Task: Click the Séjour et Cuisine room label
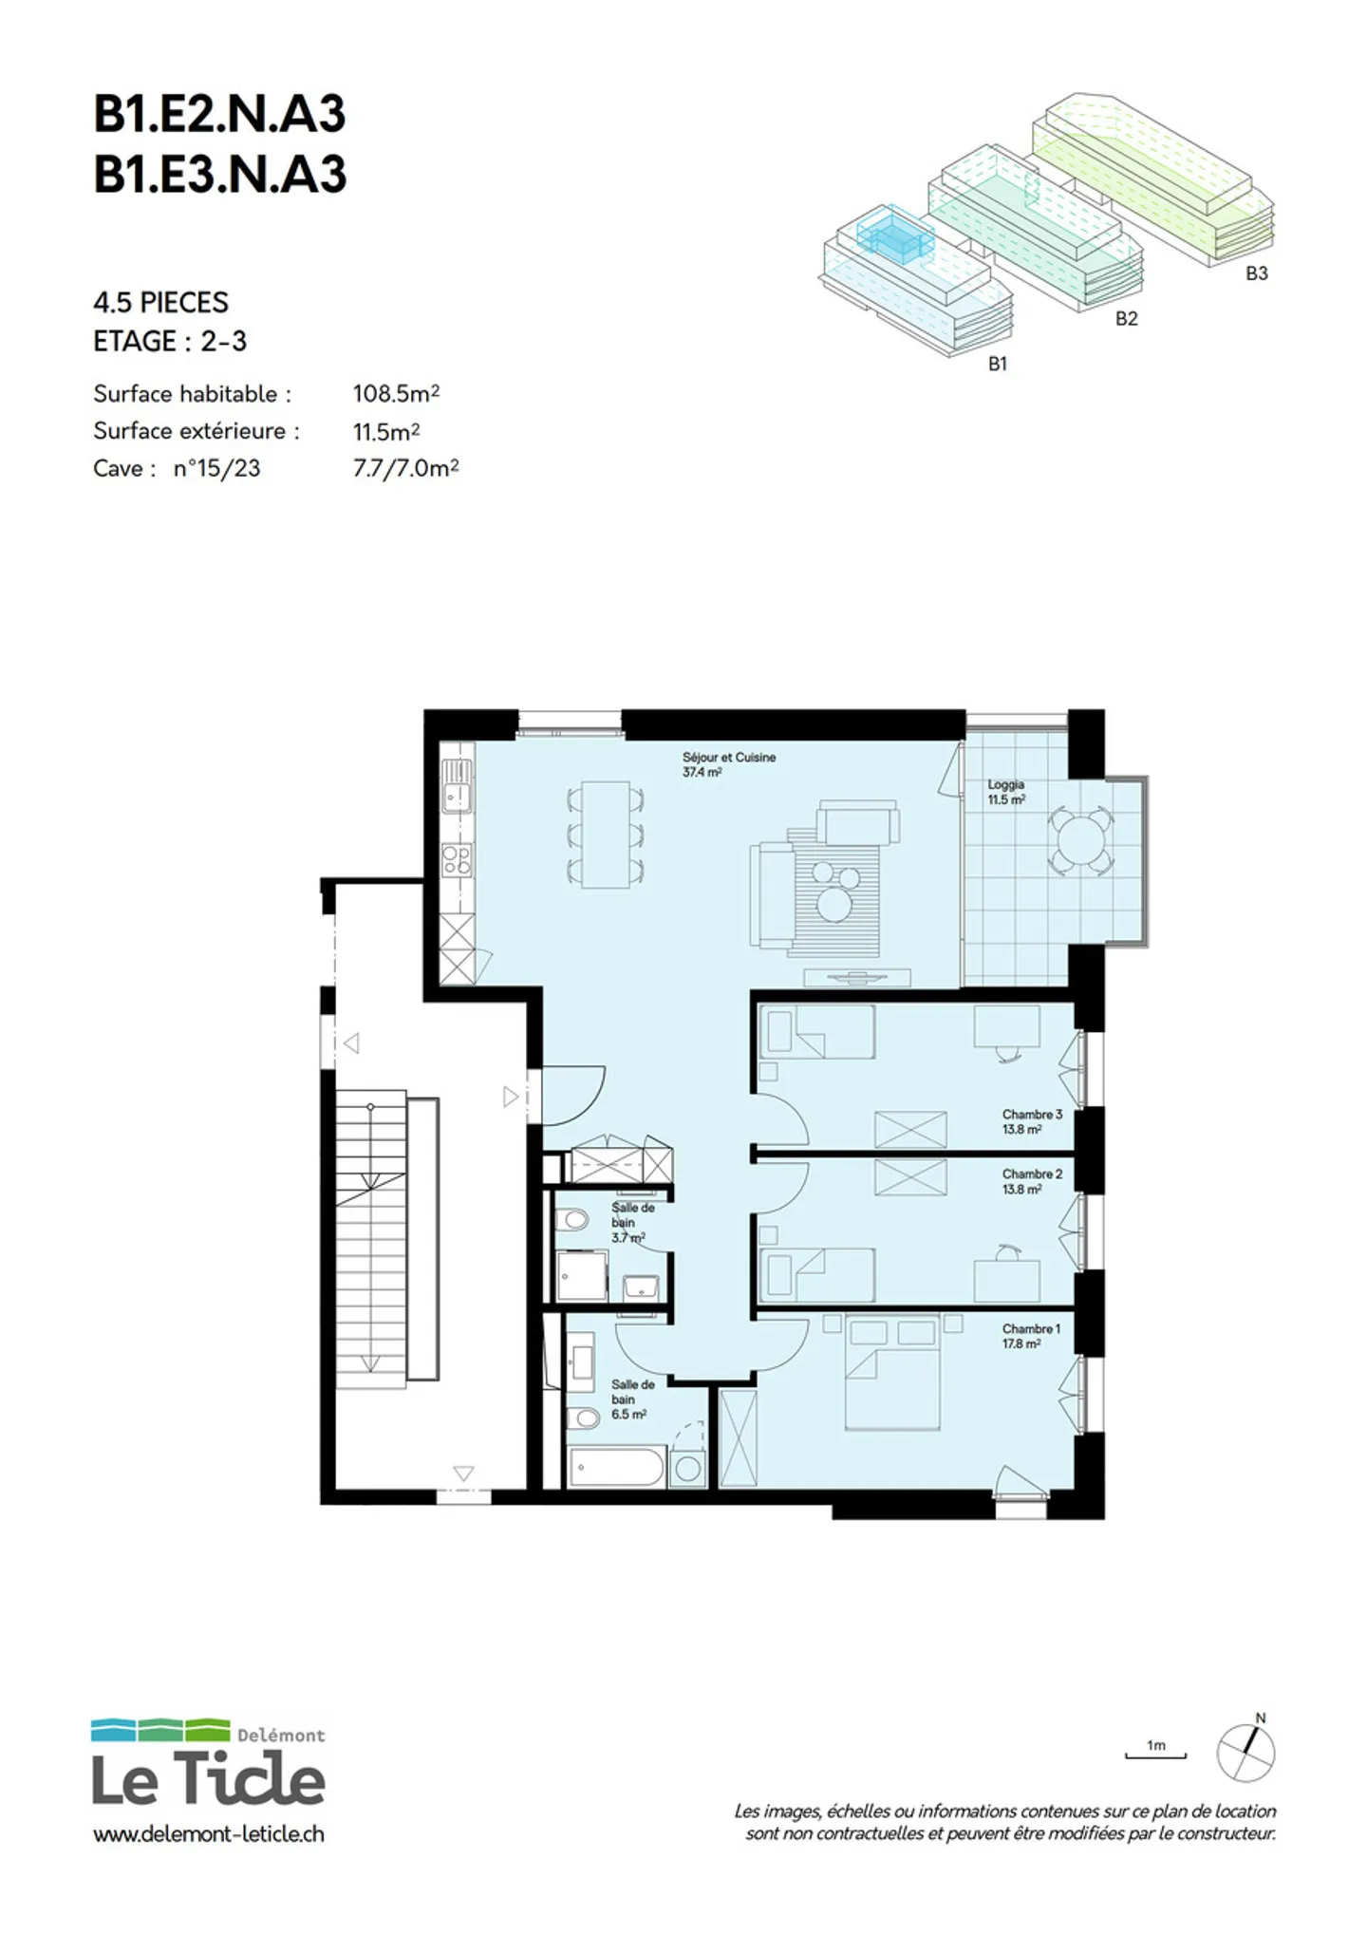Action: pyautogui.click(x=728, y=764)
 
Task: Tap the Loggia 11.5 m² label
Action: pyautogui.click(x=1006, y=792)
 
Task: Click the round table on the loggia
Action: pyautogui.click(x=1080, y=840)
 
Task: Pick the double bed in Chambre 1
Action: pyautogui.click(x=892, y=1372)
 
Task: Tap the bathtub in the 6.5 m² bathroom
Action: pyautogui.click(x=617, y=1467)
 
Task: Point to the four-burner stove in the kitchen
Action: pyautogui.click(x=457, y=860)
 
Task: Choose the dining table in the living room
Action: pyautogui.click(x=606, y=835)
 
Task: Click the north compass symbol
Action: pyautogui.click(x=1246, y=1750)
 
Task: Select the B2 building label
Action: pyautogui.click(x=1126, y=319)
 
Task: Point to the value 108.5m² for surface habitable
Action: pyautogui.click(x=396, y=393)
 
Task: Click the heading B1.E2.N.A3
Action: pyautogui.click(x=219, y=114)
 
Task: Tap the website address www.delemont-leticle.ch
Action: pyautogui.click(x=209, y=1834)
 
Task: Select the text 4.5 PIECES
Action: pyautogui.click(x=160, y=303)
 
